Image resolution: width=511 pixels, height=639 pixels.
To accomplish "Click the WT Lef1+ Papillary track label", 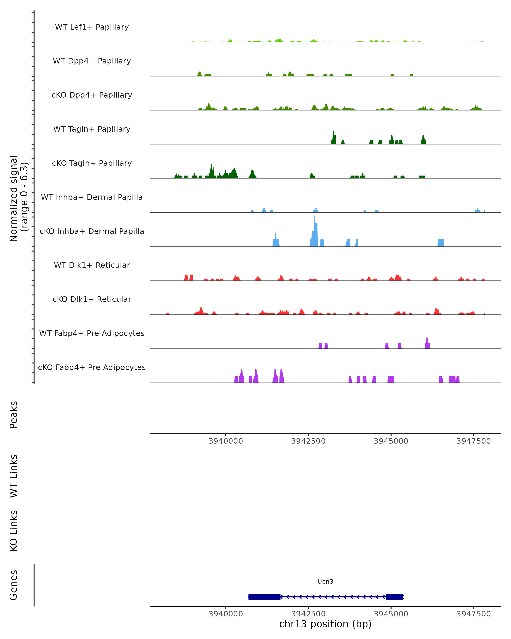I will pos(92,27).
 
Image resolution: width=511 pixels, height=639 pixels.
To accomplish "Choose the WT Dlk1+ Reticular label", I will pos(92,265).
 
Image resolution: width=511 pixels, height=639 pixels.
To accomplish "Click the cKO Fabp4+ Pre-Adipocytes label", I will pos(92,367).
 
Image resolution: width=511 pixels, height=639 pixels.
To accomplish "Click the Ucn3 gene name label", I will pos(325,581).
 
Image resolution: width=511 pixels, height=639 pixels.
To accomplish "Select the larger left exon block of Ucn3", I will pos(264,597).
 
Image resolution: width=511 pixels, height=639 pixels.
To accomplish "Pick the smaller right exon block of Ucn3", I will pos(394,597).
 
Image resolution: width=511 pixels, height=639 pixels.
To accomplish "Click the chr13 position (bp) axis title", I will pos(325,624).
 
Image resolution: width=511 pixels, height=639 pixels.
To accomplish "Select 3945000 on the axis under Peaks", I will pos(391,441).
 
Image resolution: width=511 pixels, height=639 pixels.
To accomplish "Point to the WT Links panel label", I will pos(14,476).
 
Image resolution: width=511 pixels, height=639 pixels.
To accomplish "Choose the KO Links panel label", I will pos(14,531).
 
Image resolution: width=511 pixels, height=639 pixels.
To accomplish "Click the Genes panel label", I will pos(14,585).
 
